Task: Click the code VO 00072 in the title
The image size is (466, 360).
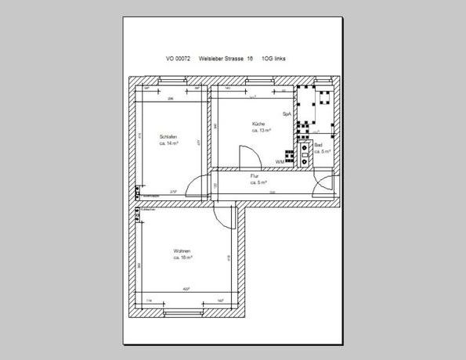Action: tap(179, 59)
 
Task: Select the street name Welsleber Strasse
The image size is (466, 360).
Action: tap(221, 59)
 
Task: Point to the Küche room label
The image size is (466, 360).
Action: tap(258, 124)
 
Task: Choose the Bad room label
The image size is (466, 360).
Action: tap(319, 145)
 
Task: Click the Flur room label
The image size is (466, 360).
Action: tap(255, 177)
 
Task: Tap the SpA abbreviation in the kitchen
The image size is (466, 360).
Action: tap(287, 113)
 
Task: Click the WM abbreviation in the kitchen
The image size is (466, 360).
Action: tap(280, 161)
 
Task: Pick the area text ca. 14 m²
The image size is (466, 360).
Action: tap(170, 144)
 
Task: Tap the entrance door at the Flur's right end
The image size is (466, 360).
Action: tap(320, 185)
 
